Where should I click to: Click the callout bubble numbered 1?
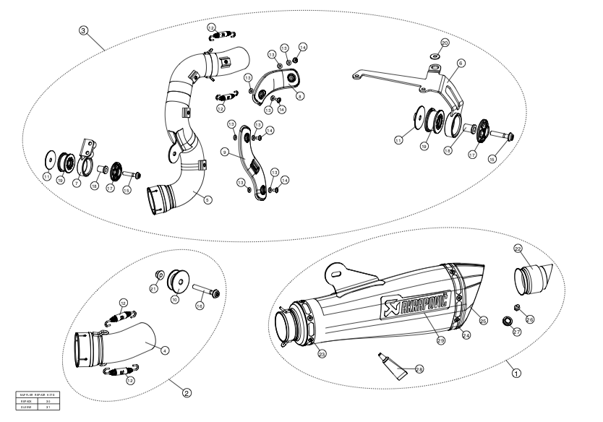tap(516, 374)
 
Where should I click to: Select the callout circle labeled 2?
tap(187, 393)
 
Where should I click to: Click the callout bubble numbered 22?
tap(518, 248)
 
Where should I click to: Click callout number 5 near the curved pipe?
tap(208, 199)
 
